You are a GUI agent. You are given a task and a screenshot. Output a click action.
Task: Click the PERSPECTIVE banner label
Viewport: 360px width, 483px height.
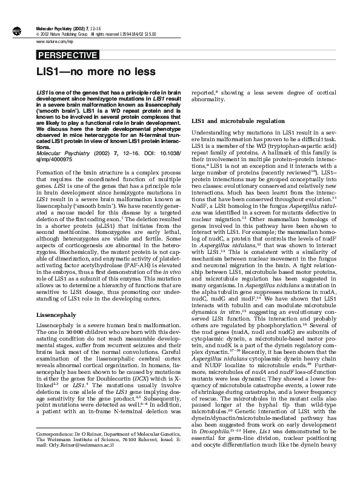[67, 56]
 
